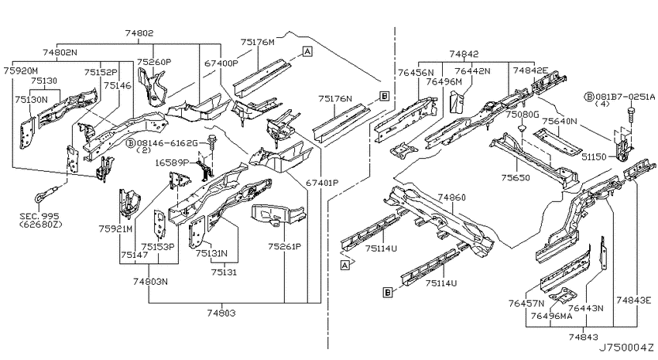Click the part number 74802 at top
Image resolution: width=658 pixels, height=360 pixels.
point(139,33)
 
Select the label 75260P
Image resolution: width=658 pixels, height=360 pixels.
point(154,62)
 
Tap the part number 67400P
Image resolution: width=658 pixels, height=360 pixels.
point(221,63)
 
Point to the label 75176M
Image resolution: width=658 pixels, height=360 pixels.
point(258,42)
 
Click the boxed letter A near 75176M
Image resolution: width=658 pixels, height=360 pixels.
point(307,52)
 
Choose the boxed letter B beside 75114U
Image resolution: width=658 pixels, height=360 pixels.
point(388,293)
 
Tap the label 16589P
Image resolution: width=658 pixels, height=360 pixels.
point(173,163)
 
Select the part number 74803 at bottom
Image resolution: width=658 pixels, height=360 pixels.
point(221,313)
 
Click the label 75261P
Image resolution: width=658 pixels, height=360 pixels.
point(285,246)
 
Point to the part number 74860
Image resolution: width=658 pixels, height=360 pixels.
point(451,197)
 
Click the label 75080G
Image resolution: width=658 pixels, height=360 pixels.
point(522,114)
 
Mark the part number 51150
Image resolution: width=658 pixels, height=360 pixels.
point(595,157)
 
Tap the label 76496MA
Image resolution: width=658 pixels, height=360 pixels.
point(551,316)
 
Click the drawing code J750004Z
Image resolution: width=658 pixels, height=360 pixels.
point(625,348)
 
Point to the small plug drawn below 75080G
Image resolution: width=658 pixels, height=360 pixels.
point(522,127)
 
